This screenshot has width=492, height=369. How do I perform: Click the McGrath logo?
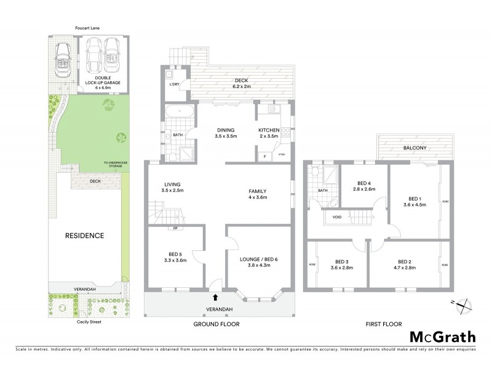(442, 336)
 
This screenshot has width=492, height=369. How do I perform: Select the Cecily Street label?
(84, 321)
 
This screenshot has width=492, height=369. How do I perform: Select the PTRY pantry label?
(282, 155)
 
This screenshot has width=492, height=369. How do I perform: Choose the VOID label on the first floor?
(336, 216)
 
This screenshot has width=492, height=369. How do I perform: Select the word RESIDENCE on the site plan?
(84, 235)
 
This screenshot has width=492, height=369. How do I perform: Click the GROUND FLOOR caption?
(216, 323)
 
